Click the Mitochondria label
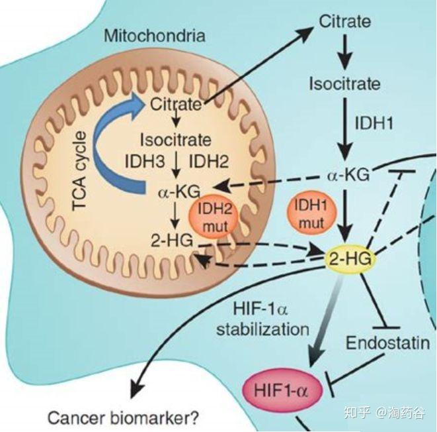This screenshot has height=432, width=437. (154, 35)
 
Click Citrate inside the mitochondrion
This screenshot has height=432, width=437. (175, 104)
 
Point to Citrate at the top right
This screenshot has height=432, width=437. (344, 21)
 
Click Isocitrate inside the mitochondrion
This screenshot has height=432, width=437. (175, 140)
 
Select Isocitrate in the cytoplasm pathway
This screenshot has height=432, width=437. (344, 83)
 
